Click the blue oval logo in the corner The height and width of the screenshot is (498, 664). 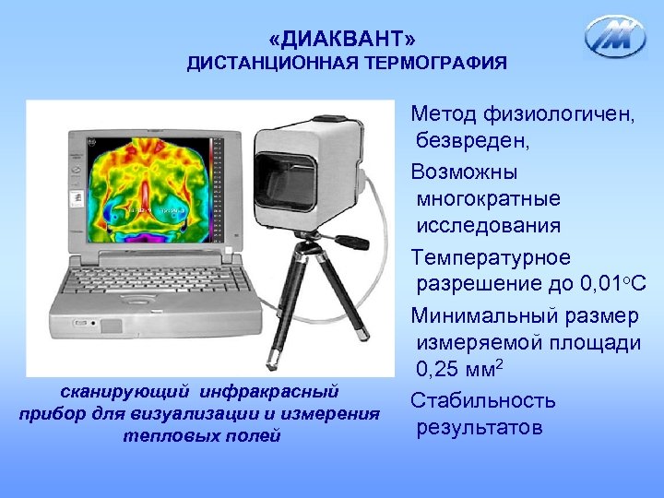pos(616,37)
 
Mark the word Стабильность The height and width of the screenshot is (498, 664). pos(483,401)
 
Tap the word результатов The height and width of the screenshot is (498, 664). pos(480,429)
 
